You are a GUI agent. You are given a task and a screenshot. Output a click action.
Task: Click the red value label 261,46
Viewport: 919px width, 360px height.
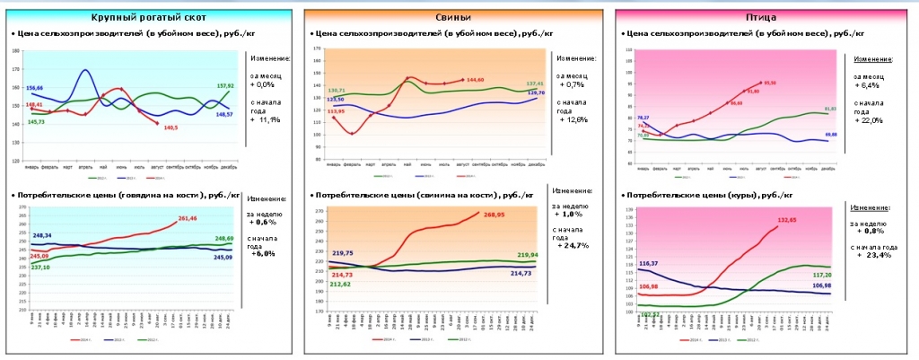pos(188,218)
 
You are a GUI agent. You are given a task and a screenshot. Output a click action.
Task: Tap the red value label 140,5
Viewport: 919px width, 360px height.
pos(171,127)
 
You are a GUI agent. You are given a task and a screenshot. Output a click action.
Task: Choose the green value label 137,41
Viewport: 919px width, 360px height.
pos(535,83)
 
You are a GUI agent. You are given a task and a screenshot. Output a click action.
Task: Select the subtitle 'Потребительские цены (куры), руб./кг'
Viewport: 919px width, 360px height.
pos(709,195)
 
